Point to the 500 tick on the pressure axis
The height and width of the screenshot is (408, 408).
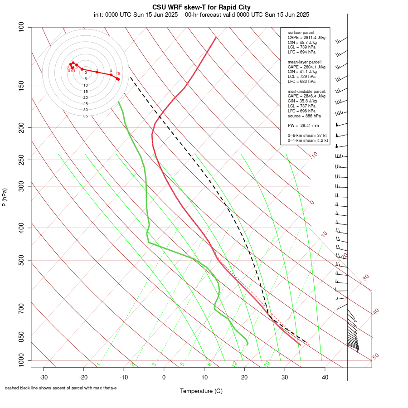[21, 260]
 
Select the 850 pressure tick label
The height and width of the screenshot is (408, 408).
[21, 337]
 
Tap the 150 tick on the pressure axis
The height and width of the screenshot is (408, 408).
[21, 86]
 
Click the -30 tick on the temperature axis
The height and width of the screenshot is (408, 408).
[44, 377]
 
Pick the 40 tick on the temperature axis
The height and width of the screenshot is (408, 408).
[325, 377]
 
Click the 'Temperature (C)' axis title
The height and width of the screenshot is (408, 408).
[201, 391]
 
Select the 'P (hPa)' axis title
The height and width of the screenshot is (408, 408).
[5, 198]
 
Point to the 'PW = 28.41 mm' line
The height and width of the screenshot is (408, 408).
[303, 125]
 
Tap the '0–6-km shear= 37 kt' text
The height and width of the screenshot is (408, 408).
[308, 136]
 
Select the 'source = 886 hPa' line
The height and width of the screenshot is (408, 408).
[304, 116]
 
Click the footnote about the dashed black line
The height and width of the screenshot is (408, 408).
[61, 388]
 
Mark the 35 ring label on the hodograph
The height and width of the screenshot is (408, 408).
[86, 116]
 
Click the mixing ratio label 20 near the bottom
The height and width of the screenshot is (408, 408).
[267, 364]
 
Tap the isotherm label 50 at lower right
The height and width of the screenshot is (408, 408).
[375, 357]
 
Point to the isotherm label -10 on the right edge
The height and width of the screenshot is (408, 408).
[314, 155]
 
